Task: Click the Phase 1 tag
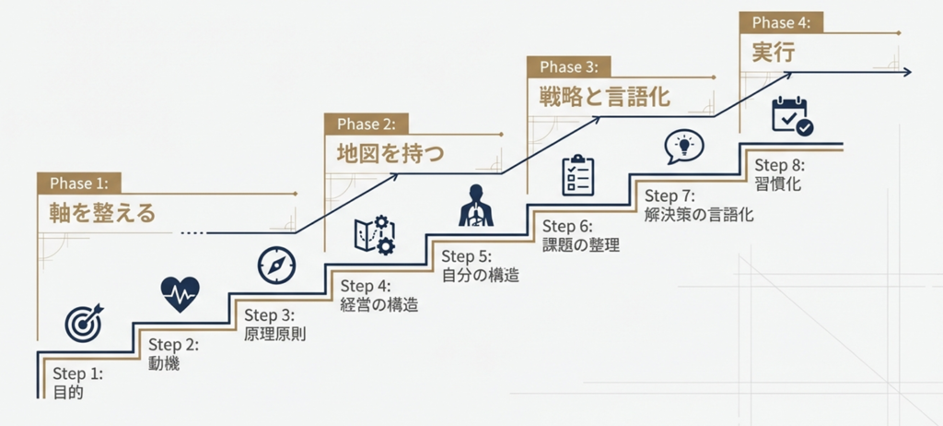coord(78,183)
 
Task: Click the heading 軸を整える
coord(102,213)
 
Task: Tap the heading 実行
coord(774,52)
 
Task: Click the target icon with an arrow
coord(85,323)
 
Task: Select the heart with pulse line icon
coord(180,294)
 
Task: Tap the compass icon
coord(276,265)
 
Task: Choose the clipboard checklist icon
coord(578,174)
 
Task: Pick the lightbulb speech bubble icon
coord(683,146)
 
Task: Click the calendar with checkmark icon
coord(791,116)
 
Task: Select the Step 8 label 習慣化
coord(777,184)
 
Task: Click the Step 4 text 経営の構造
coord(378,304)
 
